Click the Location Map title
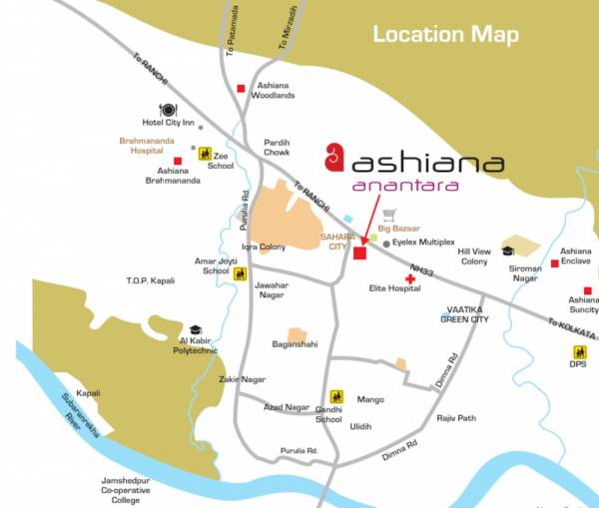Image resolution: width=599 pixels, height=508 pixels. coord(445,35)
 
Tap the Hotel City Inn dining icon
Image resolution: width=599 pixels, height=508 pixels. coord(167,110)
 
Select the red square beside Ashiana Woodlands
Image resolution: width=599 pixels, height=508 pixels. coord(241,89)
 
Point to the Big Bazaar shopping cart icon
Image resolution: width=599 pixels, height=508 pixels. coord(389,215)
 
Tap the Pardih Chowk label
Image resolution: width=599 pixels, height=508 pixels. coord(277,148)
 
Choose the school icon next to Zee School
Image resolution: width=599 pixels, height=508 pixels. coord(205,154)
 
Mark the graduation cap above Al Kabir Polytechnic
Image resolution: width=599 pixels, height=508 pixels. coord(195,329)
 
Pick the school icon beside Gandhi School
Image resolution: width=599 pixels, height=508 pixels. coord(336,396)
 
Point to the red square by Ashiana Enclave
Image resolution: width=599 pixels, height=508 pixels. coord(554,263)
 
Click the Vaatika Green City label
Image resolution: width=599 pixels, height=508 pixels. coord(465,314)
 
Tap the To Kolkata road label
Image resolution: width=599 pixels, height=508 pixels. coord(571,328)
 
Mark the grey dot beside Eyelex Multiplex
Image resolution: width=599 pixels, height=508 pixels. coord(386,242)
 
